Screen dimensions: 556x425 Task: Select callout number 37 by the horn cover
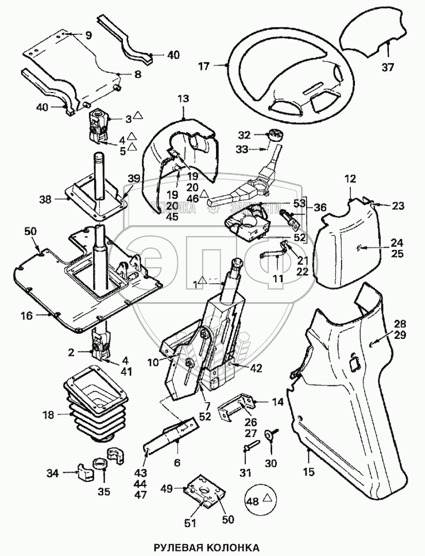(389, 67)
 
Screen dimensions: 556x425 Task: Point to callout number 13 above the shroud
(183, 99)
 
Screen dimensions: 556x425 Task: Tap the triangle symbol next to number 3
(138, 117)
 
